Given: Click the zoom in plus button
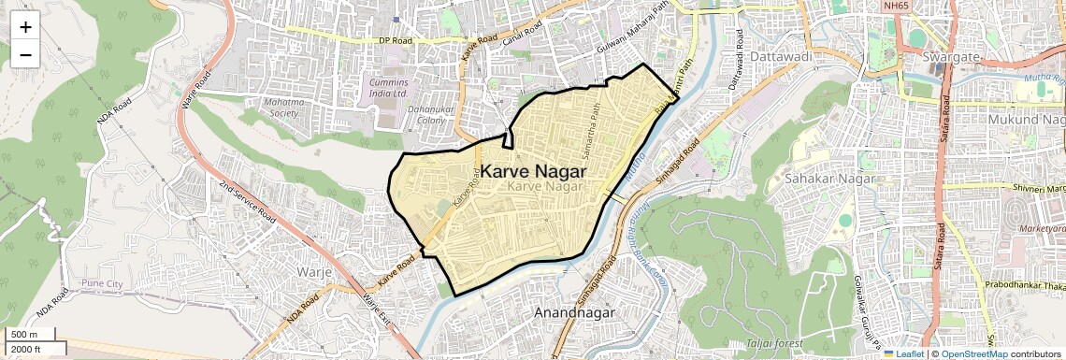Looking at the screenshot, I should point(25,26).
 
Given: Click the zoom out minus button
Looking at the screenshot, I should point(25,54).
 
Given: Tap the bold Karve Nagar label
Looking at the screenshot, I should point(533,172).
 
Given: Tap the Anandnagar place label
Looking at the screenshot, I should point(574,312).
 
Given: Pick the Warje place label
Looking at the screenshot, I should point(314,272).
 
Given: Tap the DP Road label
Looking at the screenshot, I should point(396,40).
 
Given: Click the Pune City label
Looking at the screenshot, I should point(102,282).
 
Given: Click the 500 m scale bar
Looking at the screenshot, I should point(28,335).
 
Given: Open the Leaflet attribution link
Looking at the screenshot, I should point(903,353).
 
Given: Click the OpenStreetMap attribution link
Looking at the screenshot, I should point(973,353).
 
